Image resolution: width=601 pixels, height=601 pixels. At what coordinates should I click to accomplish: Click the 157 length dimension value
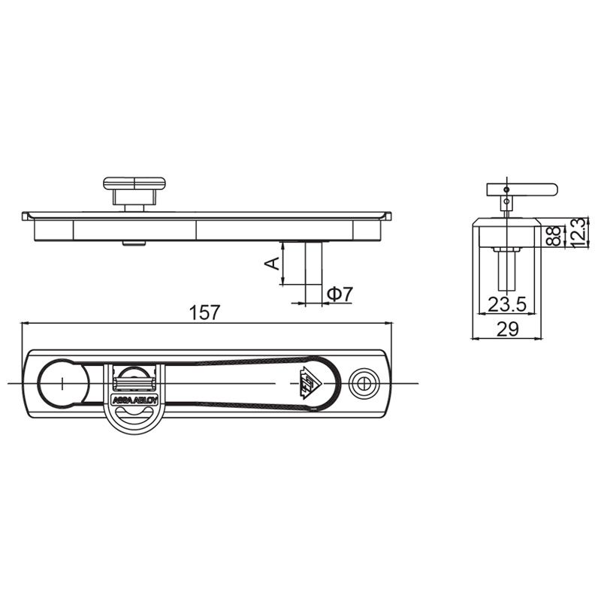[205, 312]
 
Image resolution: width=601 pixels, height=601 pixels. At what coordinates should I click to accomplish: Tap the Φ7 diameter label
[340, 294]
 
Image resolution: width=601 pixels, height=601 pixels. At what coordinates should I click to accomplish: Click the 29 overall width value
[508, 329]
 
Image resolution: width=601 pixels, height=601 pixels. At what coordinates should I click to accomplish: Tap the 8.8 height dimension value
[554, 236]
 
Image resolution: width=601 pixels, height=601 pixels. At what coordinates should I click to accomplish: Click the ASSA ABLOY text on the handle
[135, 400]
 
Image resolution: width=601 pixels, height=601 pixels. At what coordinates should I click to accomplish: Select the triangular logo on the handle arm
[308, 382]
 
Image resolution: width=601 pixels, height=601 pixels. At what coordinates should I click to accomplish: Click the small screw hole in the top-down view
[365, 382]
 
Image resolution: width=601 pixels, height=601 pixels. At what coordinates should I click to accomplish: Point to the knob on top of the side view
[134, 184]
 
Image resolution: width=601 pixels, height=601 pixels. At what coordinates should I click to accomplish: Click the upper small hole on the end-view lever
[507, 189]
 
